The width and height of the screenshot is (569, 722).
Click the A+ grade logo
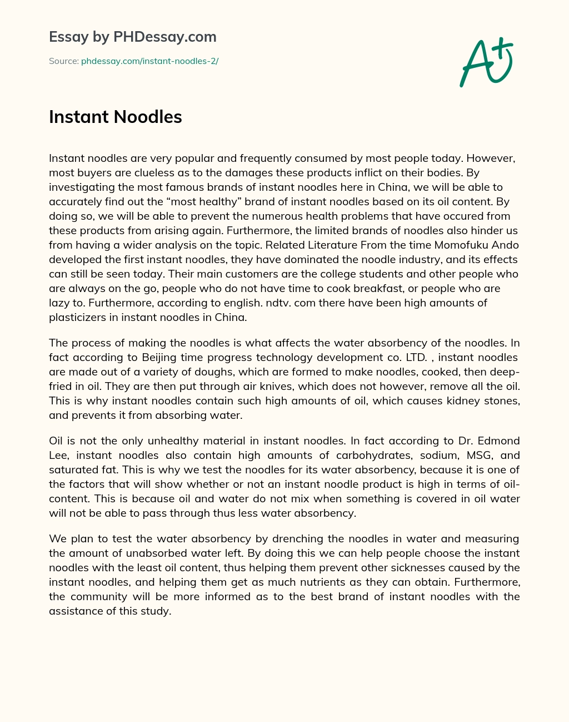485,62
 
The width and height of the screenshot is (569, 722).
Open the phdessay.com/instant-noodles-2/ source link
149,61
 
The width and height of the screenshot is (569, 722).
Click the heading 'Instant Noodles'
116,117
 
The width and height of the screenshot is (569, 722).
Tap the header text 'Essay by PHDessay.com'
133,37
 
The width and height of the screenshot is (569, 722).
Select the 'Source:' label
63,61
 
